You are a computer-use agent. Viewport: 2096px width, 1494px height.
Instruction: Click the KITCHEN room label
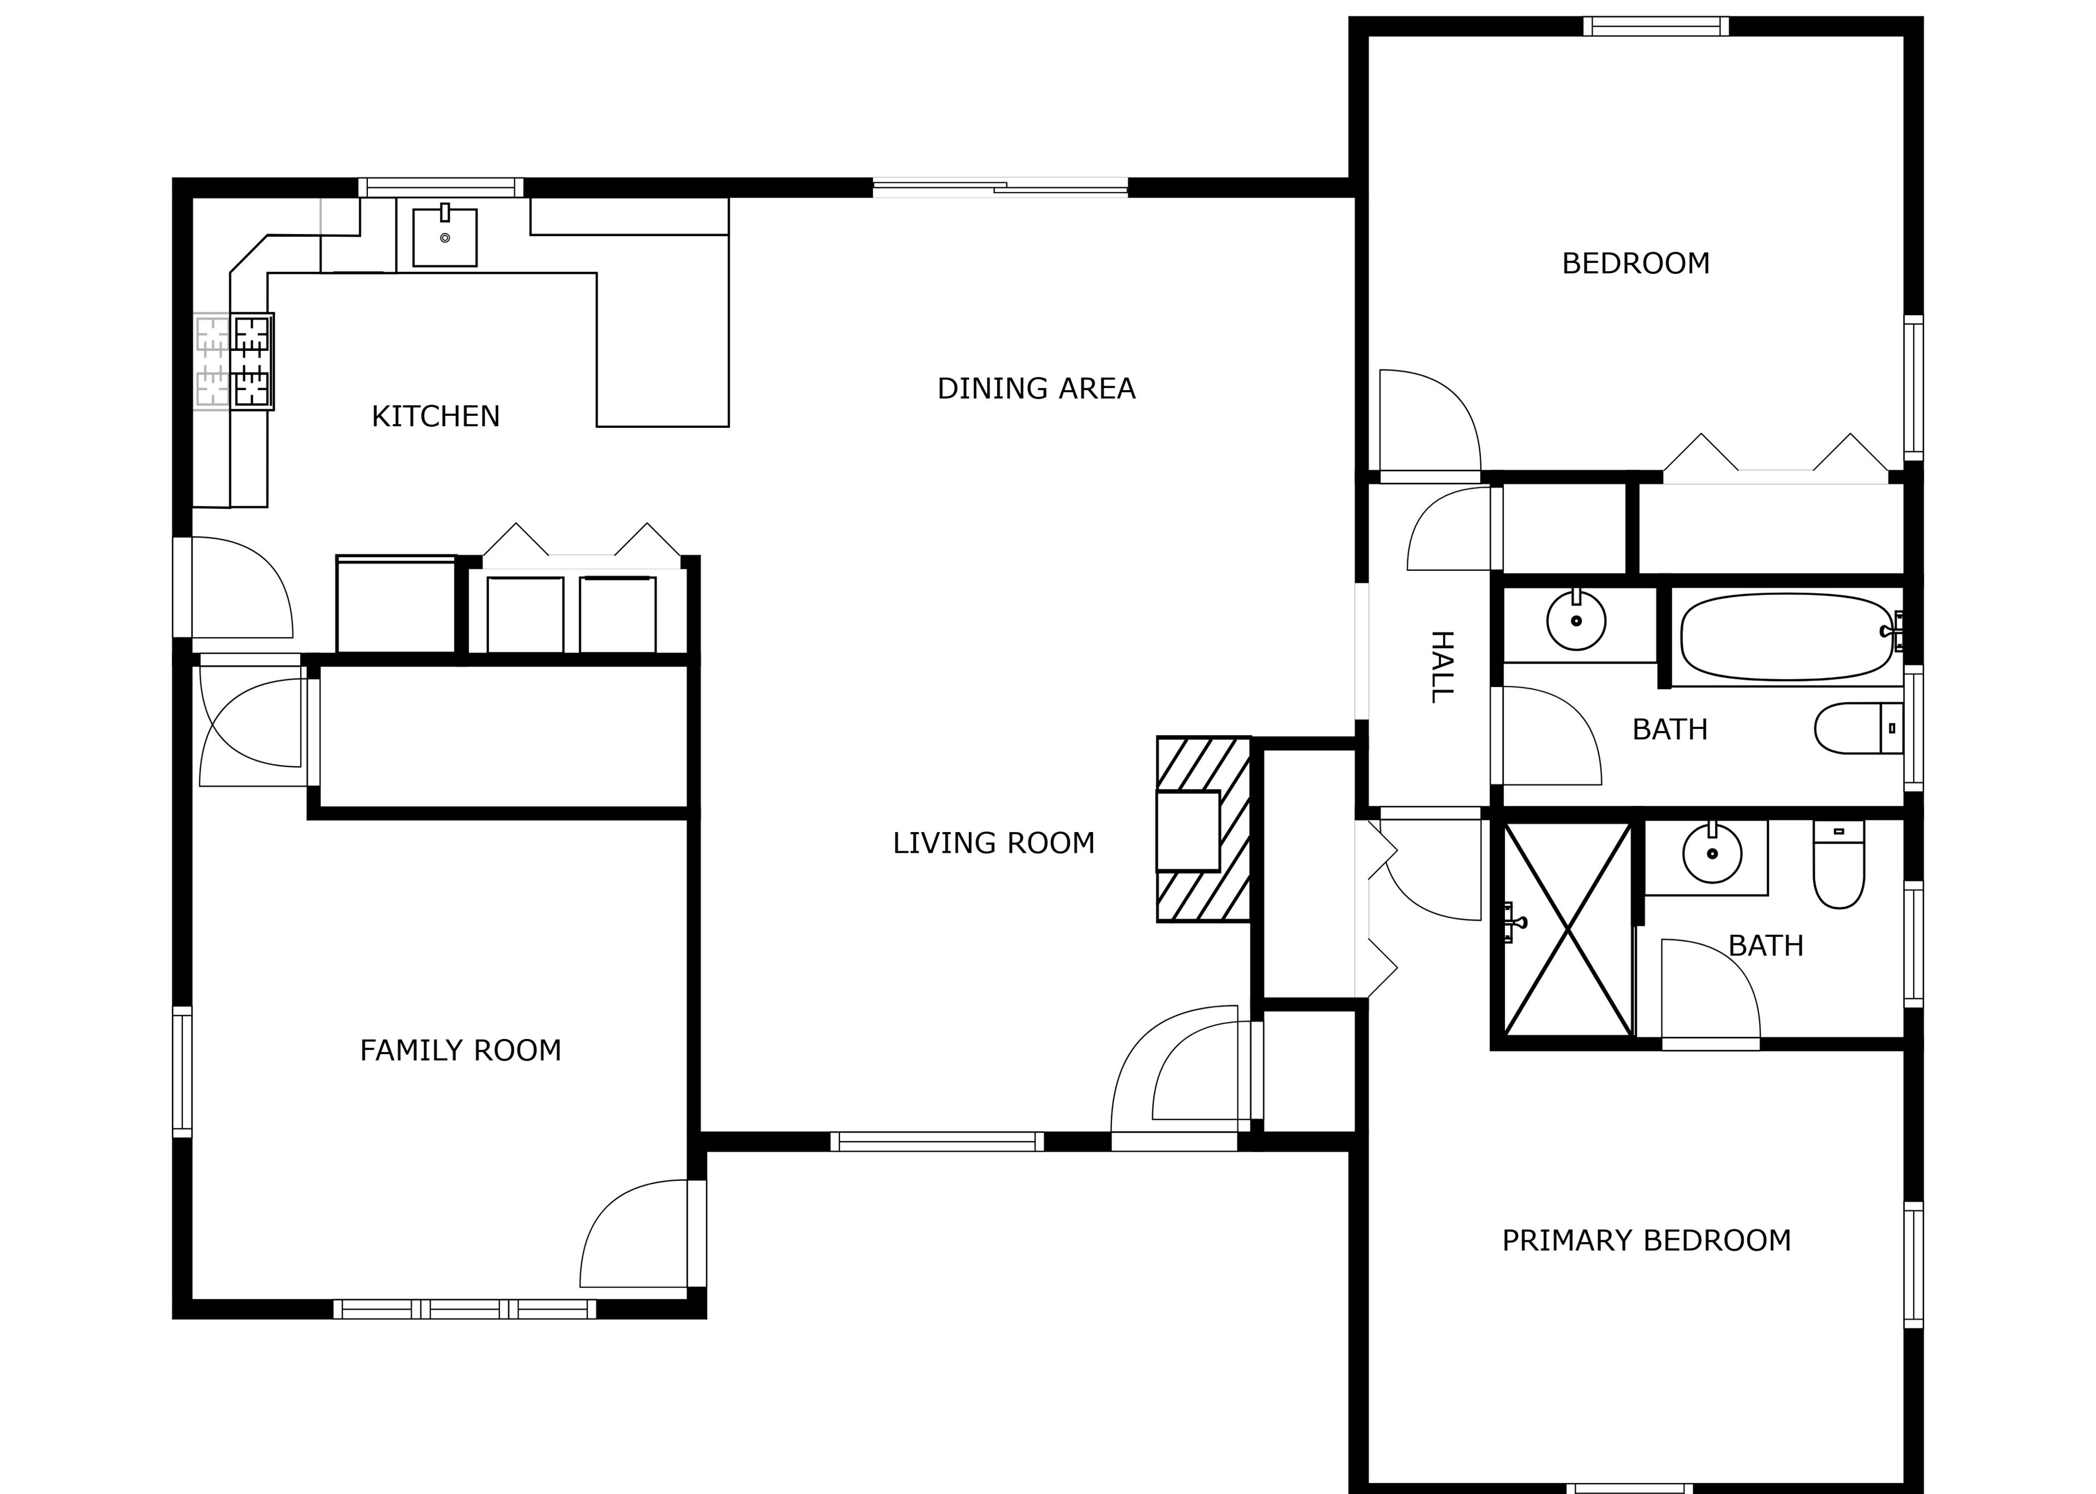click(x=435, y=417)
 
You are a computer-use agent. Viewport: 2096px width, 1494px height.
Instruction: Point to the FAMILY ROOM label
click(x=460, y=1050)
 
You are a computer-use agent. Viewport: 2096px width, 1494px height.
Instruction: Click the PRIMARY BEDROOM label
click(x=1646, y=1241)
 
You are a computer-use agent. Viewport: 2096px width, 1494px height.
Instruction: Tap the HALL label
click(x=1441, y=667)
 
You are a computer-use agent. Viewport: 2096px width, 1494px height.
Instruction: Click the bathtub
click(x=1788, y=637)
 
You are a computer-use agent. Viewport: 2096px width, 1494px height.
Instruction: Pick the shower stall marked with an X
click(x=1567, y=929)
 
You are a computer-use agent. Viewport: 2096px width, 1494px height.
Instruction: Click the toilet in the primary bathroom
click(x=1838, y=864)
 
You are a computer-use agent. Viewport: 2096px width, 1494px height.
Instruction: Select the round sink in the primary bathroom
click(x=1712, y=853)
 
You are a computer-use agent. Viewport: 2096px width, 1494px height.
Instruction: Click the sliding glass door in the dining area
click(x=1000, y=188)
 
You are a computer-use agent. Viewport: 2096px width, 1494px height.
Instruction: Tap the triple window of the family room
click(x=465, y=1309)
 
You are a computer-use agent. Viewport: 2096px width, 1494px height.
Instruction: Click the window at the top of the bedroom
click(x=1656, y=27)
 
